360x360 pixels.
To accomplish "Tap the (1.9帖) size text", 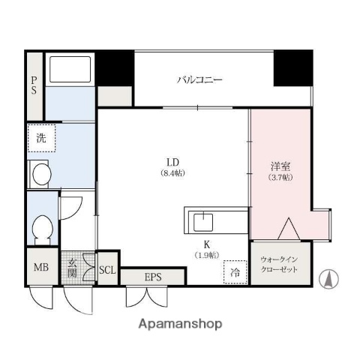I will [x=207, y=255].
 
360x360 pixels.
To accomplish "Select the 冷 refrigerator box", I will [x=235, y=271].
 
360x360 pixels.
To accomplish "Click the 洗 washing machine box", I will [x=41, y=138].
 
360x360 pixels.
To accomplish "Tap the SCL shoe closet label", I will [x=108, y=269].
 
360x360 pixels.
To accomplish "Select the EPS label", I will [x=152, y=277].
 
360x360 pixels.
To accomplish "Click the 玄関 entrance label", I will [x=73, y=268].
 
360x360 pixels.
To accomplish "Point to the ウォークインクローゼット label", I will [x=279, y=264].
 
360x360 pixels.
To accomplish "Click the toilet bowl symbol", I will [x=43, y=226].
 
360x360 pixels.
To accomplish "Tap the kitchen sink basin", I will [x=203, y=222].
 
